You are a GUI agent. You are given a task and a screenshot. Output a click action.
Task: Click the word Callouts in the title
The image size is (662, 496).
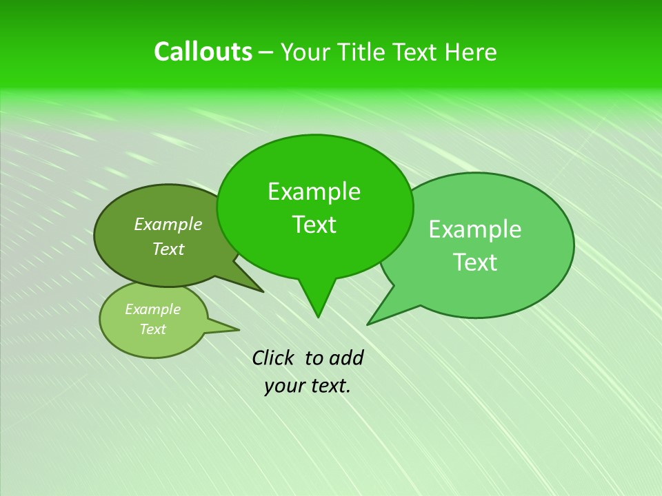[203, 52]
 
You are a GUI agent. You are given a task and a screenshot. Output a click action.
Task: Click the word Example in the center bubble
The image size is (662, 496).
[314, 192]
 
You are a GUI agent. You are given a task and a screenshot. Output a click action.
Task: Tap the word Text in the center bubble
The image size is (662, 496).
[314, 225]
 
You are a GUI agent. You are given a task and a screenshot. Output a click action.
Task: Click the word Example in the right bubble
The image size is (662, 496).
[475, 229]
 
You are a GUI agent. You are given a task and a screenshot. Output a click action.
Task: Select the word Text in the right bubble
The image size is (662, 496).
[475, 262]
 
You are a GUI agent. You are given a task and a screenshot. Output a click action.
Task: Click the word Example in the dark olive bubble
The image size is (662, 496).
[168, 224]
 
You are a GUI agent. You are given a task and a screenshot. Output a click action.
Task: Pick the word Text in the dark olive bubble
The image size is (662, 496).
[168, 249]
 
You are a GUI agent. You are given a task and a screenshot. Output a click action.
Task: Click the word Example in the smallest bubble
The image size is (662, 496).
[152, 309]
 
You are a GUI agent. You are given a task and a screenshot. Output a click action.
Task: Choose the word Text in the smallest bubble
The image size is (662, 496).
[152, 329]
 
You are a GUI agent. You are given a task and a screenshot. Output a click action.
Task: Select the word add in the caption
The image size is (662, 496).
[346, 358]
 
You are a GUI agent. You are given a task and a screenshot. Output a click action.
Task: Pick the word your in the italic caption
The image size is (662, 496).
[283, 386]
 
